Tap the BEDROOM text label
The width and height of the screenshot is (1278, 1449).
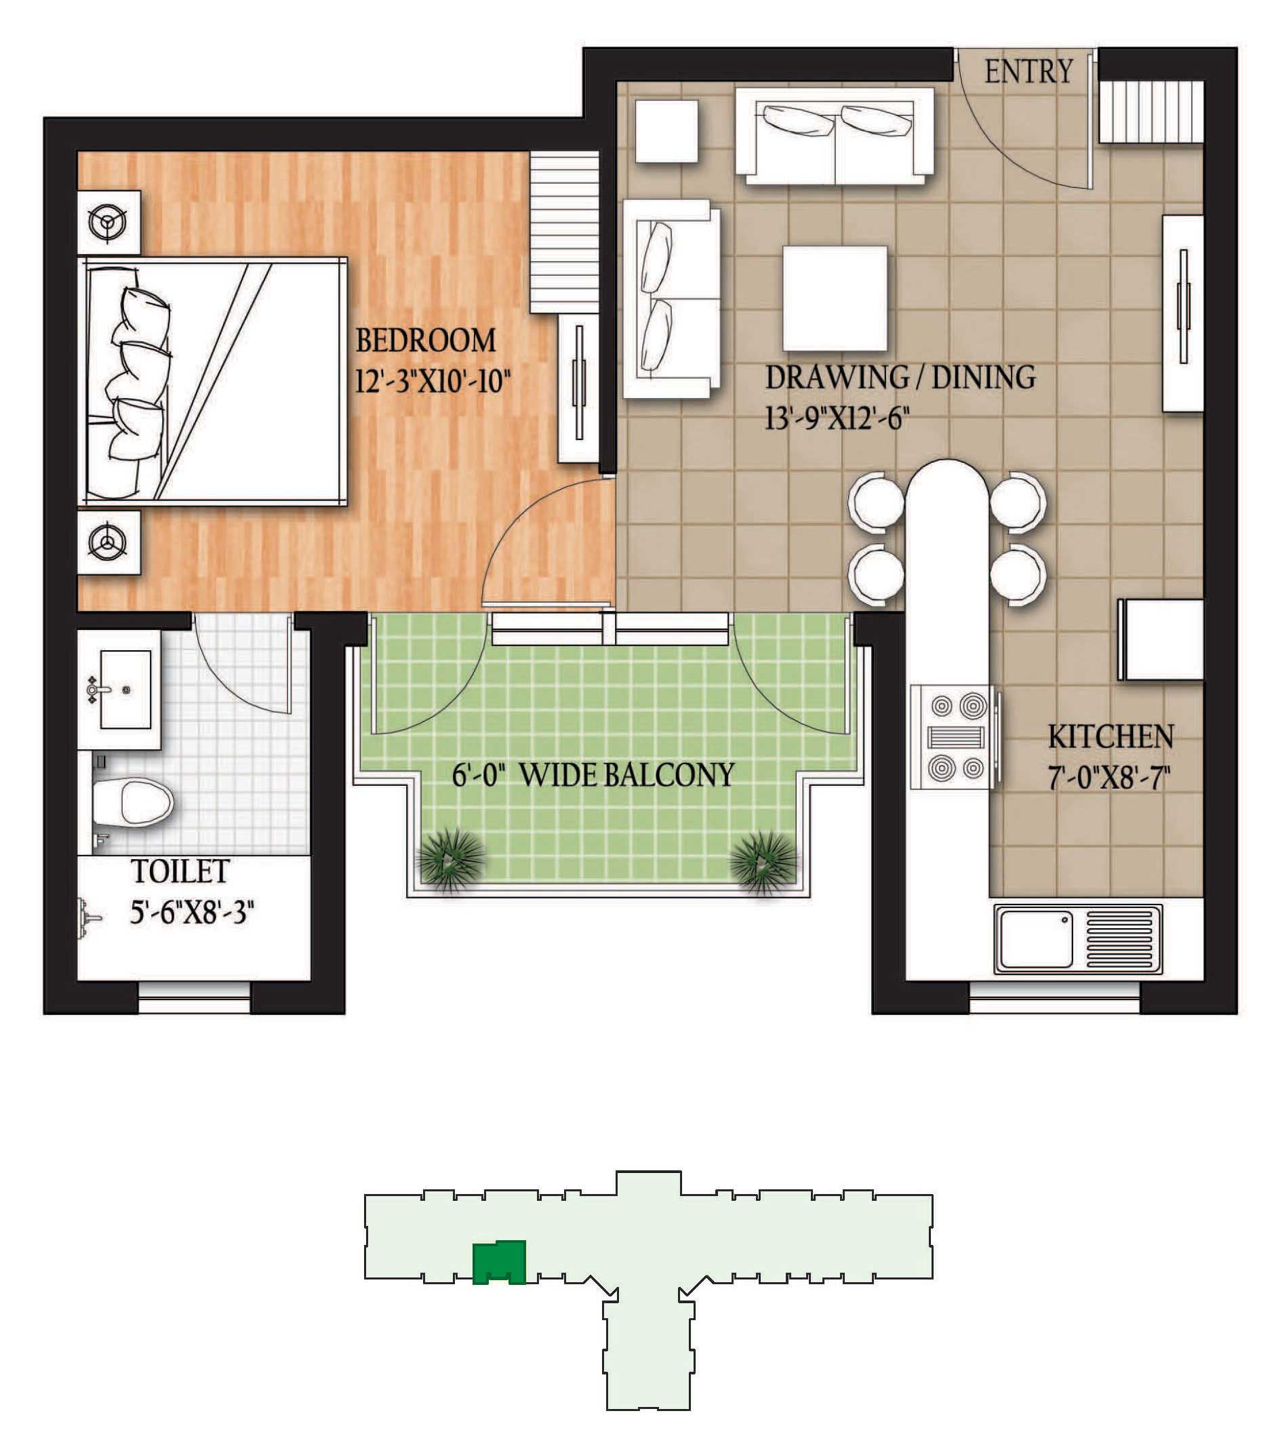(x=425, y=340)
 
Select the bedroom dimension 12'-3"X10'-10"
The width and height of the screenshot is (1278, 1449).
(x=433, y=382)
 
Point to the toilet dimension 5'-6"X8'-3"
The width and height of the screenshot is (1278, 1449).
(x=192, y=912)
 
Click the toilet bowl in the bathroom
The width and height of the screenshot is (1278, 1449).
(x=134, y=803)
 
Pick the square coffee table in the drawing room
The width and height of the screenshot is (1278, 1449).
(x=835, y=298)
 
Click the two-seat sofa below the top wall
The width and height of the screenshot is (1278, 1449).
(x=835, y=135)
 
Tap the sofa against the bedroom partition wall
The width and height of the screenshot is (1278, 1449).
(x=671, y=298)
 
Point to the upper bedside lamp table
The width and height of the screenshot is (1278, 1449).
(x=108, y=222)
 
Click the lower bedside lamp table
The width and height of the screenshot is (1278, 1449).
(x=108, y=543)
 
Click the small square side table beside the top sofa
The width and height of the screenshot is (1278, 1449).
(x=666, y=131)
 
